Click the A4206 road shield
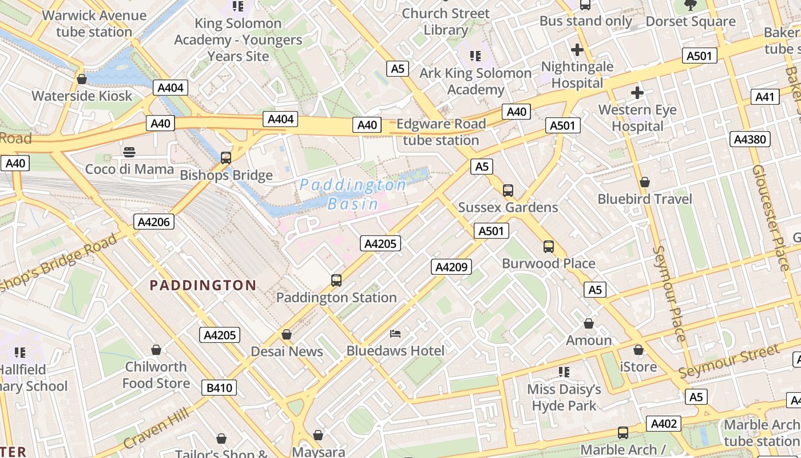154,222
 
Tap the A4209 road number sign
451,266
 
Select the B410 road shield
219,388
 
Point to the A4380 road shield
750,139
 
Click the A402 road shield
664,424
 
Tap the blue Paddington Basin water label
353,194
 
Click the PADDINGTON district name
203,285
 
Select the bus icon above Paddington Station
336,281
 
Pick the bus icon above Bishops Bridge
226,158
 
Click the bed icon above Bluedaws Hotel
395,334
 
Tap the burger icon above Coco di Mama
129,152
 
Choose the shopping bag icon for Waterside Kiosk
82,79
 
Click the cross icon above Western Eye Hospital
637,93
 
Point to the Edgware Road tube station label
441,132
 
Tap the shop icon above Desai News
287,334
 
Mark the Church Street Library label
446,21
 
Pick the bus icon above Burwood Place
549,247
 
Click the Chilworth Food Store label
156,374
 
